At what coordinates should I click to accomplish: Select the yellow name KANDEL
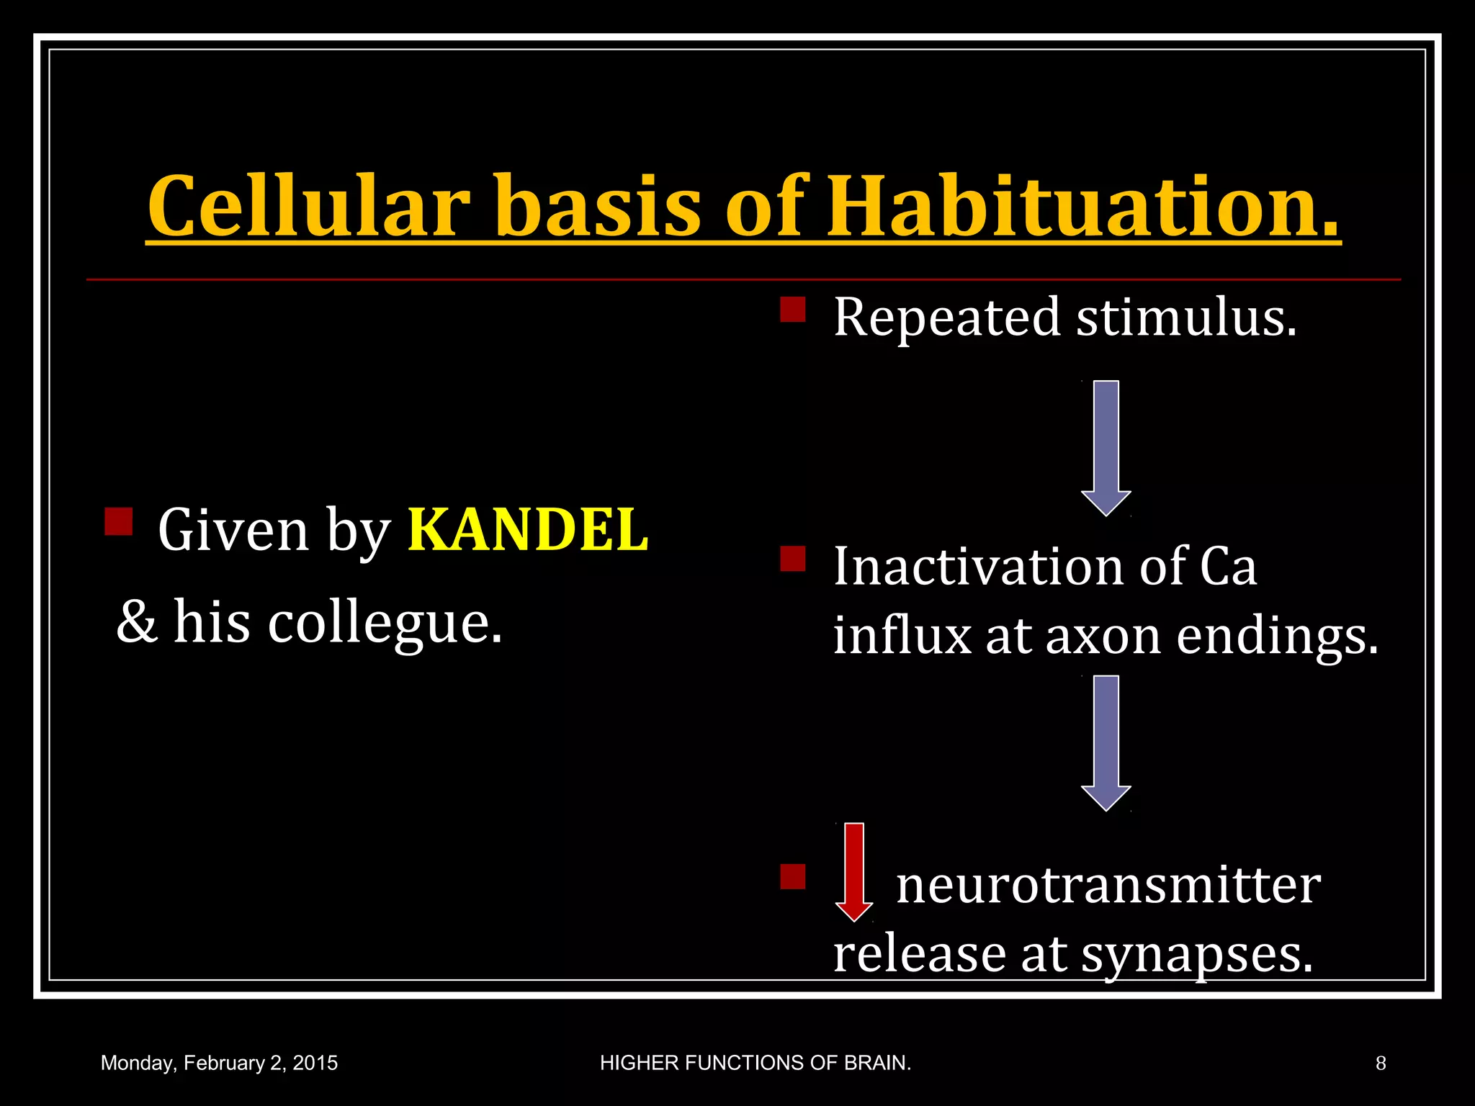528,531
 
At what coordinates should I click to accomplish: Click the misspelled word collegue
385,623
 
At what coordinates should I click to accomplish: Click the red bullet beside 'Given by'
118,521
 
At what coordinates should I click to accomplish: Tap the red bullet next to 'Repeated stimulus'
793,310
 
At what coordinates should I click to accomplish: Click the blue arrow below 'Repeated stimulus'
1106,446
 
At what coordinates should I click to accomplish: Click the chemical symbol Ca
1228,567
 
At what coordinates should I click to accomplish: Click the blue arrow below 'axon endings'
1106,742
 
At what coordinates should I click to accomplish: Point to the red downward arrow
853,871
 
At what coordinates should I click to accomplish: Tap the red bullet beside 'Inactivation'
793,559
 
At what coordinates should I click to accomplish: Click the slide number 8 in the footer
1380,1063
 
